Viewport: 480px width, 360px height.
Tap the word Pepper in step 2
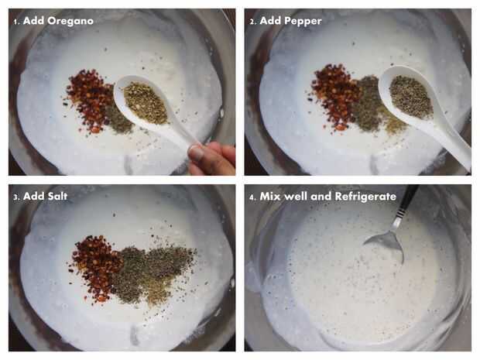(x=303, y=22)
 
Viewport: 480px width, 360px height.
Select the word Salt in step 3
(x=57, y=196)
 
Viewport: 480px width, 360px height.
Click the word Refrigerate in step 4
(x=365, y=197)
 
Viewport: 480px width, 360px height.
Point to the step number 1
(x=16, y=22)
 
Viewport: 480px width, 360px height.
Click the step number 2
(x=252, y=22)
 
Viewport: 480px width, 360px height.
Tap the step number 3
(x=16, y=197)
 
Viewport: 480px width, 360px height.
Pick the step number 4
(x=252, y=197)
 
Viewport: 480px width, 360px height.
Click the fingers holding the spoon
(x=212, y=158)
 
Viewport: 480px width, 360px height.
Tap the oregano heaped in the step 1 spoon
(x=146, y=103)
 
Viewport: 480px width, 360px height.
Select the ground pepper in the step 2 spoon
(x=411, y=96)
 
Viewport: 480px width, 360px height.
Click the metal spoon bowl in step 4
(x=386, y=243)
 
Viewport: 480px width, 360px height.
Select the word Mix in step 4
(x=270, y=197)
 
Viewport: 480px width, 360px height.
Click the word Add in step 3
(x=33, y=196)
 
